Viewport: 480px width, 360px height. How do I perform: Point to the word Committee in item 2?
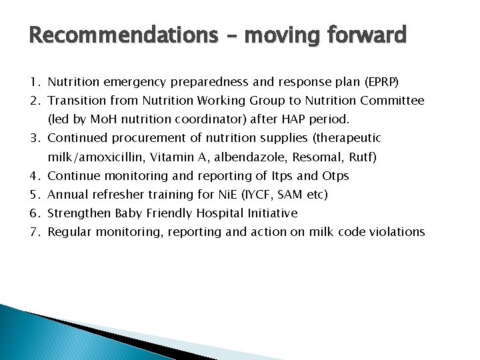click(393, 101)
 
